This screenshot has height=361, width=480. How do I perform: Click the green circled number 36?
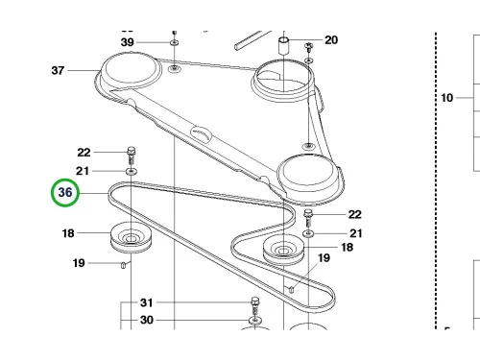click(65, 193)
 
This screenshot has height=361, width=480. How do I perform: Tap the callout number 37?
click(58, 70)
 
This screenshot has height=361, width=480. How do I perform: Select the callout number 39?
click(127, 42)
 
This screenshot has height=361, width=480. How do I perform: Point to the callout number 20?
click(331, 40)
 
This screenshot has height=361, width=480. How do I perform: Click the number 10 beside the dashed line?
click(447, 98)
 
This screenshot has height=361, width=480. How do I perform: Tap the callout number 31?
click(147, 302)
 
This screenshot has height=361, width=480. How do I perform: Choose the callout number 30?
click(147, 320)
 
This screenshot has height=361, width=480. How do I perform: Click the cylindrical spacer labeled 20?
click(284, 47)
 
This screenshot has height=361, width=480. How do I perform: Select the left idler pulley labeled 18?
click(131, 237)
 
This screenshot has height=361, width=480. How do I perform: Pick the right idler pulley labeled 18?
click(283, 250)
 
